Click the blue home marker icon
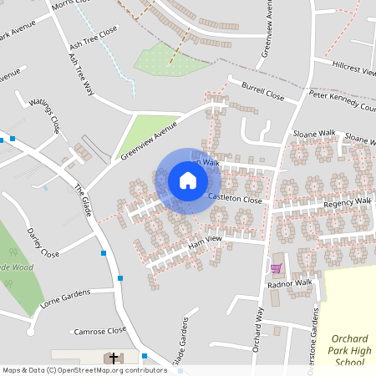click(x=188, y=180)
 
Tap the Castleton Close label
click(x=235, y=200)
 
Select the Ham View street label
click(x=205, y=241)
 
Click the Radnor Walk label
click(x=290, y=283)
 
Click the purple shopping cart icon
click(x=276, y=268)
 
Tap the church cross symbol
click(x=114, y=358)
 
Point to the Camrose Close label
click(x=99, y=330)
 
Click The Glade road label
click(x=82, y=201)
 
